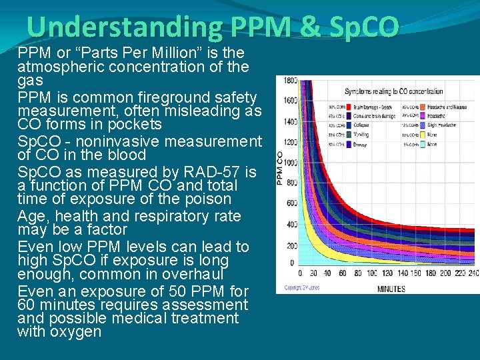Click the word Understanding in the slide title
[x=124, y=27]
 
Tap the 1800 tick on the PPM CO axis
[x=291, y=81]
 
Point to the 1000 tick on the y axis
[x=291, y=162]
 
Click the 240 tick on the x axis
[x=473, y=273]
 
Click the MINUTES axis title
[x=391, y=289]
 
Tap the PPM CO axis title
[x=280, y=167]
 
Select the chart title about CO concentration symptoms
[x=393, y=91]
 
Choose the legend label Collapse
[x=361, y=125]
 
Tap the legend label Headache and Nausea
[x=447, y=107]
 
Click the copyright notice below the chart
[x=303, y=288]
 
